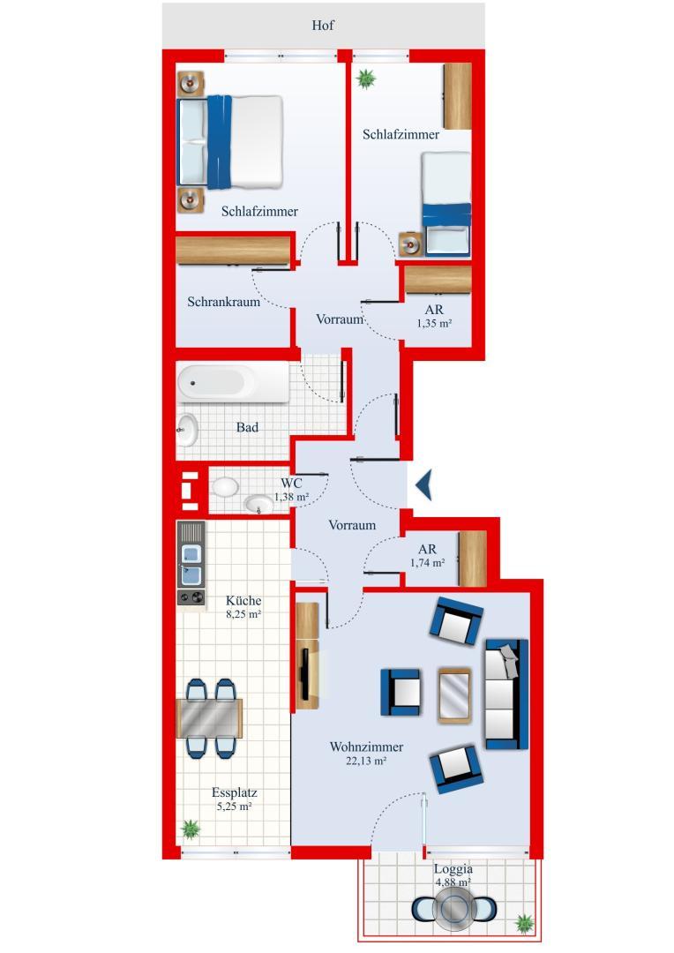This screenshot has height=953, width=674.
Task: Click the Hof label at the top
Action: click(324, 26)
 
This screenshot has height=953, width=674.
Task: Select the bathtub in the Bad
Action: click(232, 382)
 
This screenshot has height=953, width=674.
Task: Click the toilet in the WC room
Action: click(224, 487)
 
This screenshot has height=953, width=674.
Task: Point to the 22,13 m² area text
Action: click(368, 760)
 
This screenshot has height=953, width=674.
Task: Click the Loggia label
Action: click(453, 868)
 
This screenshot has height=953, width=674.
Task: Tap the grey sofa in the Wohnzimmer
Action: click(505, 694)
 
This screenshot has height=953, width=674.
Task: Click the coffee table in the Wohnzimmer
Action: click(454, 695)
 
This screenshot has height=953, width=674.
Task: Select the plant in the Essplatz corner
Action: click(190, 829)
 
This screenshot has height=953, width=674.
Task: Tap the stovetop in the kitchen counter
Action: click(190, 597)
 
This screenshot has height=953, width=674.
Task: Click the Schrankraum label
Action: click(223, 302)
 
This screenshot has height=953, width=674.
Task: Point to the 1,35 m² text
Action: click(434, 324)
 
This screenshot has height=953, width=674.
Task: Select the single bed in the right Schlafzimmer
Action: click(446, 203)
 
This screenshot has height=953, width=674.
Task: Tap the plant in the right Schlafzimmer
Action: click(364, 79)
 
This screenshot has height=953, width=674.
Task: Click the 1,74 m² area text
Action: click(427, 562)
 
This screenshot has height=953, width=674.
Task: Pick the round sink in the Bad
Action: click(188, 430)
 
